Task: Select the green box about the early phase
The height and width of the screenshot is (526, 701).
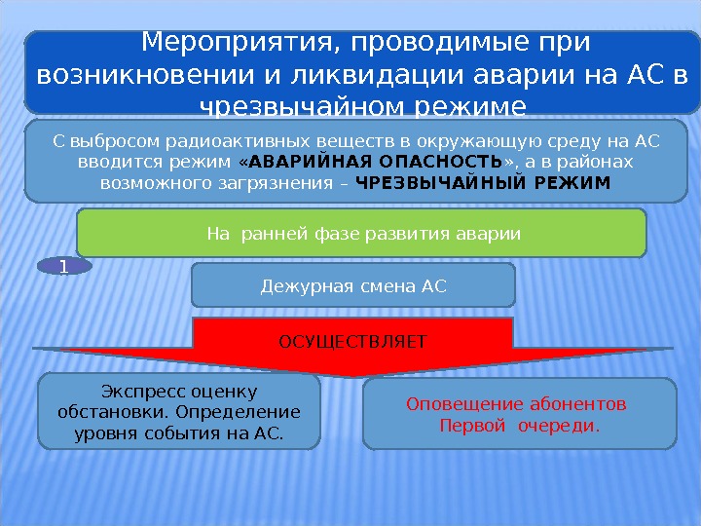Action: point(361,233)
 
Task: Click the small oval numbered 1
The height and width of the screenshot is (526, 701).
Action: point(63,265)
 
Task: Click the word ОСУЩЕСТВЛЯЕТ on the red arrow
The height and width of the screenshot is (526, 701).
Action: point(352,342)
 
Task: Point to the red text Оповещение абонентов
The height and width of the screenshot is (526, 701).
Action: point(516,404)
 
